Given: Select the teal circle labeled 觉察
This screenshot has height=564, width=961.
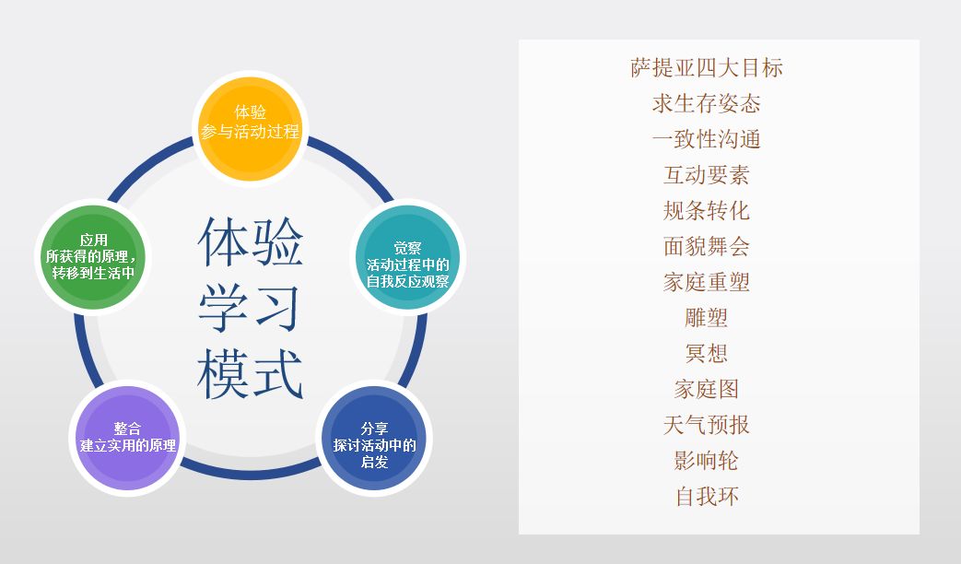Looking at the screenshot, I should pos(407,263).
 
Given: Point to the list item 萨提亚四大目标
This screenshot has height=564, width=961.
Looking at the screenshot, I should pos(707,67).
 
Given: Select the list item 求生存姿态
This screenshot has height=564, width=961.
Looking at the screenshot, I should pos(707,103).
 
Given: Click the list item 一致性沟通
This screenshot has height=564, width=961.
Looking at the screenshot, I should pos(707,139).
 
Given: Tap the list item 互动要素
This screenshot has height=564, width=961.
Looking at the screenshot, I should pos(707,175).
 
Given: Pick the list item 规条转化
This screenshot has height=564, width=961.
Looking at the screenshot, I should pos(707,210).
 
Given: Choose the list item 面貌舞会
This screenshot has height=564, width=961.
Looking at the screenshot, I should pos(707,246).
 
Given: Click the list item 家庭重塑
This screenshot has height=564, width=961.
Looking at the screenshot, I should pos(707,282).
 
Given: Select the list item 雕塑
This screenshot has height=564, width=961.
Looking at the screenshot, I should pos(707,318).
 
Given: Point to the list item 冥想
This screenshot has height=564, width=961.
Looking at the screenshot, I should pos(707,353).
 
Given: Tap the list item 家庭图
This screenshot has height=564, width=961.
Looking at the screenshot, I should pos(707,389).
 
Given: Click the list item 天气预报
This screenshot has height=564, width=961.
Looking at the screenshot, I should pos(707,425).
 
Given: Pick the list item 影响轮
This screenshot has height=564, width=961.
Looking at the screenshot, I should pos(707,461).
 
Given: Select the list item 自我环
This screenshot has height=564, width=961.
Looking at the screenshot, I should pos(707,497).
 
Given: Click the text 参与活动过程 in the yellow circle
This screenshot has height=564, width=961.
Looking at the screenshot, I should pos(251,132).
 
